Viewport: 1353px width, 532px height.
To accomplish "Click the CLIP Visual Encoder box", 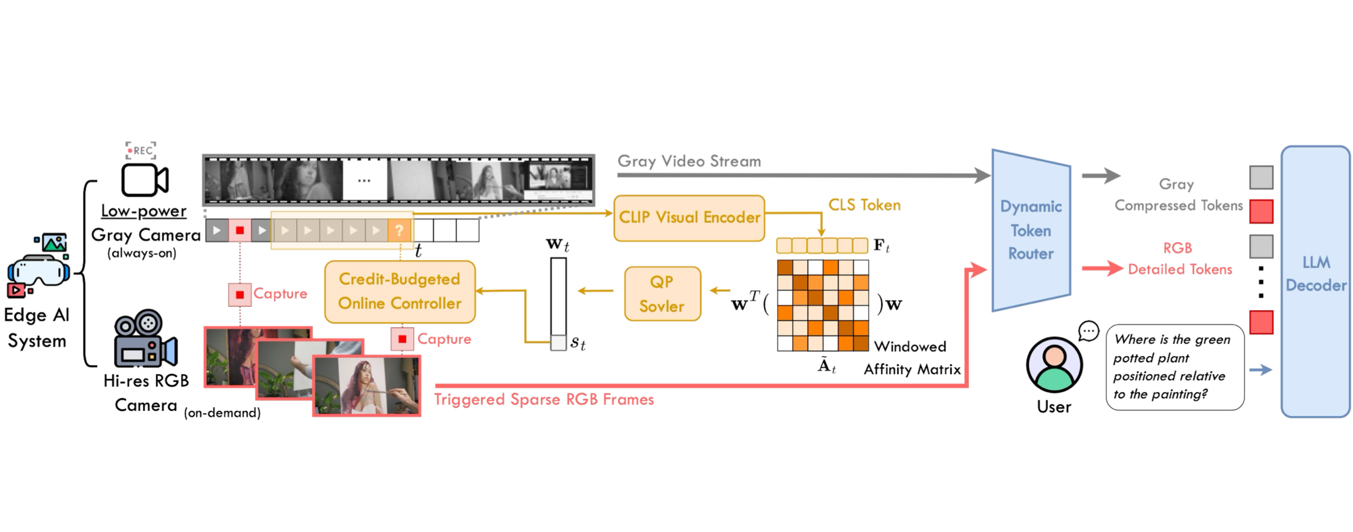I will click(x=689, y=218).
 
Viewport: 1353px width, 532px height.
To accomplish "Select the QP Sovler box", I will click(x=662, y=294).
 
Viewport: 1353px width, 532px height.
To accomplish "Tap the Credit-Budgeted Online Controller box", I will click(x=400, y=291).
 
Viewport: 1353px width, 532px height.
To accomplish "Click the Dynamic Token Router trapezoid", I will click(x=1030, y=230).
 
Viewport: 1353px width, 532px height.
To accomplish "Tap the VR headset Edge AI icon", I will click(x=38, y=265).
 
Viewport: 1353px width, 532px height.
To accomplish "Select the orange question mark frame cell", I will click(x=400, y=230).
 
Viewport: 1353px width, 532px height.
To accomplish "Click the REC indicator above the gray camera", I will click(x=141, y=150).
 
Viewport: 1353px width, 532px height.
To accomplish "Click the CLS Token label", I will click(x=864, y=205).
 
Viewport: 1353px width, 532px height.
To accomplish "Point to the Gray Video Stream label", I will click(x=689, y=161).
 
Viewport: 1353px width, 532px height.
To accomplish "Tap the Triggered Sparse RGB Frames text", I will click(x=544, y=400).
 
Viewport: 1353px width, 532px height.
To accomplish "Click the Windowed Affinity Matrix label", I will click(x=911, y=358).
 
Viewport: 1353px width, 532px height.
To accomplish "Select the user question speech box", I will click(x=1175, y=367).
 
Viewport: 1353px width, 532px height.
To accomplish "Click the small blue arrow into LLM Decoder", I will click(x=1261, y=370).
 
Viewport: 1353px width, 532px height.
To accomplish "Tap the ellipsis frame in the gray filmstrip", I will click(x=364, y=180).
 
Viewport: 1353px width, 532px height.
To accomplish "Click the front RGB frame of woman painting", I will click(x=367, y=386).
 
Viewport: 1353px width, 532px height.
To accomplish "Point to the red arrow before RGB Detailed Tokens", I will click(x=1102, y=269).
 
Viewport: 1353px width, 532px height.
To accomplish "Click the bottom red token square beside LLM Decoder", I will click(x=1261, y=322).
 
